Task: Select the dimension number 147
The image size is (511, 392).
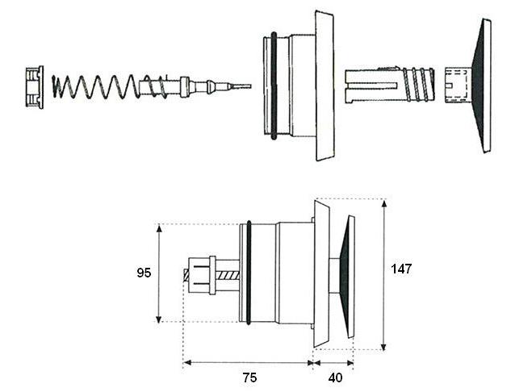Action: (400, 269)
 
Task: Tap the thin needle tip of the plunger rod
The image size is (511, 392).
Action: (241, 85)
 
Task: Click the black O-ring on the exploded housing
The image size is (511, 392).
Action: (275, 85)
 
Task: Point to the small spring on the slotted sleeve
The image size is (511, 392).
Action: (418, 85)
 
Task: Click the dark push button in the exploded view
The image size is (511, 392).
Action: (482, 85)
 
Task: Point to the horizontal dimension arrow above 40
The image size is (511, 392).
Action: (333, 363)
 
